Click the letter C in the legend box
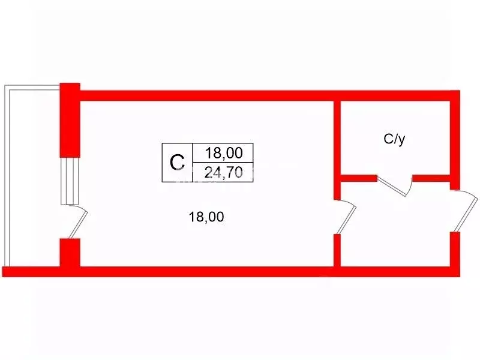pos(177,162)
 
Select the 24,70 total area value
pos(223,173)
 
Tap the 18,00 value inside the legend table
pos(224,153)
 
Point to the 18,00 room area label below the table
pos(206,217)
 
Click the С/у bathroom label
pos(394,139)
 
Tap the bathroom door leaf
pos(393,186)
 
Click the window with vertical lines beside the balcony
pos(70,181)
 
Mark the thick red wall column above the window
pos(70,120)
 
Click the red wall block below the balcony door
pos(70,253)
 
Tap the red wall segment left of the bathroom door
pos(359,178)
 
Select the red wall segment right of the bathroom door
pos(431,178)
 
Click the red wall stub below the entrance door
pos(455,249)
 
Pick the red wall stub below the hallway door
pos(337,250)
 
